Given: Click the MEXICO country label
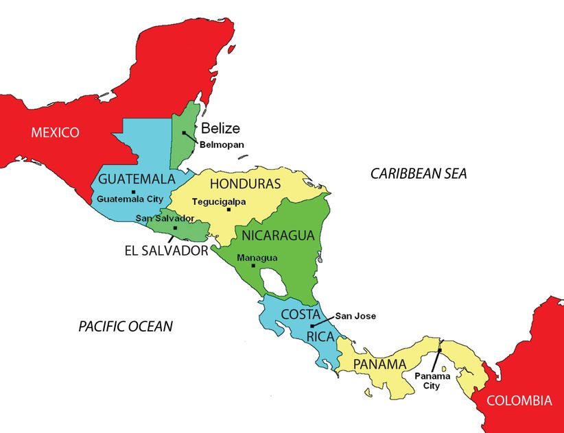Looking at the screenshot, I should (55, 132).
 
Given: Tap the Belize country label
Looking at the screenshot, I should (220, 128).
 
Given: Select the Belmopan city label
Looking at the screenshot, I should (222, 145).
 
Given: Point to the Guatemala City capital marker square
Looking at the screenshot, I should (133, 191).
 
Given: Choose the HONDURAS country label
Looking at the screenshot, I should (245, 184).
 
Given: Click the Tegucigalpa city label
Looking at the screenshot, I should (218, 201).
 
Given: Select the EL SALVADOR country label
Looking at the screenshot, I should (166, 251).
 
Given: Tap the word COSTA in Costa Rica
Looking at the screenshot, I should (301, 314).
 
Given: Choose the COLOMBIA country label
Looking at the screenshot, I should (519, 401).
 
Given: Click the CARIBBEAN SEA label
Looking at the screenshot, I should (419, 174).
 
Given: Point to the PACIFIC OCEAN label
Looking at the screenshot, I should (125, 326).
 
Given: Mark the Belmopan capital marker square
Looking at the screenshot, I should (184, 133).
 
